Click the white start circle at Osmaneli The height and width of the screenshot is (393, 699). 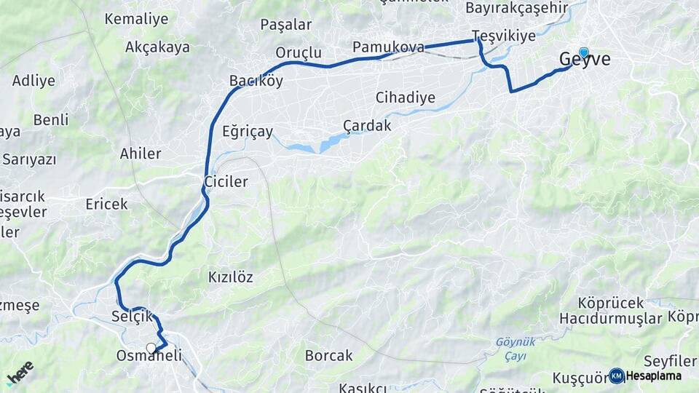click(x=151, y=348)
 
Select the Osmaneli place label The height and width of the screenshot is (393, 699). click(x=149, y=357)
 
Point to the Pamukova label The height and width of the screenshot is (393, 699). click(x=388, y=47)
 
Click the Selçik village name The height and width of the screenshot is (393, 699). click(x=133, y=317)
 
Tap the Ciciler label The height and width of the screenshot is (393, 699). click(x=226, y=181)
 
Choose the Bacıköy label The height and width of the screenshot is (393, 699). click(x=256, y=81)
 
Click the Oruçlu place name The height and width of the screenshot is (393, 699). click(x=299, y=52)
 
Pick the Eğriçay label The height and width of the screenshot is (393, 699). click(x=248, y=132)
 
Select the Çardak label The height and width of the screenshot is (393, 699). click(x=367, y=125)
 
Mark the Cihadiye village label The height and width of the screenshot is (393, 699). click(x=406, y=98)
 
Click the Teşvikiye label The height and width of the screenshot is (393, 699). click(x=504, y=36)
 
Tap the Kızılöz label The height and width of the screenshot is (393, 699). click(x=231, y=277)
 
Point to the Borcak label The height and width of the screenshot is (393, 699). click(x=329, y=356)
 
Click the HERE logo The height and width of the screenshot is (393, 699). click(x=20, y=372)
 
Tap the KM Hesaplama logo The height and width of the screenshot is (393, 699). click(x=645, y=376)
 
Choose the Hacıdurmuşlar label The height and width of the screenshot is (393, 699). click(x=611, y=318)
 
